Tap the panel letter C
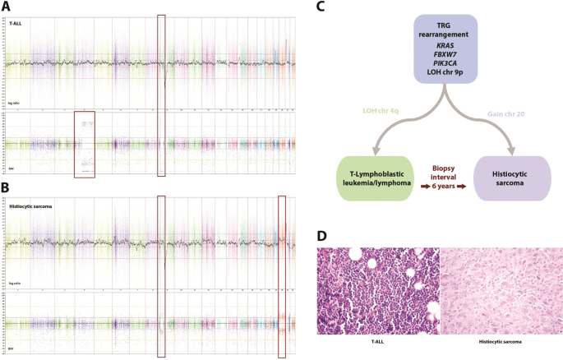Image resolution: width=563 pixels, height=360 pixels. tap(319, 7)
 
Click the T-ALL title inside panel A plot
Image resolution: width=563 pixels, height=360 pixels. tap(16, 25)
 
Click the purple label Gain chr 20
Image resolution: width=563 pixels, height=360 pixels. tap(510, 111)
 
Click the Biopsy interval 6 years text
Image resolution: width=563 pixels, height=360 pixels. tap(449, 178)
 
